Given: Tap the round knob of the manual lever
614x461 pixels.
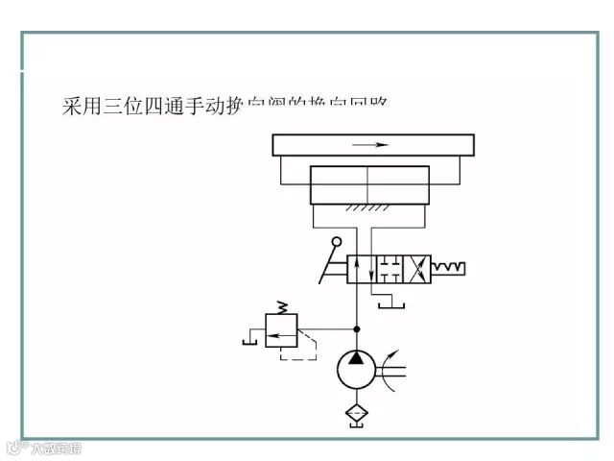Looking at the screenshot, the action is click(x=338, y=245).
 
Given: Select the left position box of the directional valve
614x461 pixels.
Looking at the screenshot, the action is click(x=360, y=268).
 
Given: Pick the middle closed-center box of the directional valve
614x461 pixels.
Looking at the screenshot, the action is click(x=390, y=268).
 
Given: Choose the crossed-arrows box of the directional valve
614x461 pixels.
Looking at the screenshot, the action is click(x=419, y=268).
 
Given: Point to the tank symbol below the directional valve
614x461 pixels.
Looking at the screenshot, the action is click(x=390, y=305).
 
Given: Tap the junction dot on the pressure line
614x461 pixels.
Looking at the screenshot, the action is click(x=356, y=328).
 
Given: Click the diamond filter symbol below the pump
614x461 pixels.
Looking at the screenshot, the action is click(x=356, y=416).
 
